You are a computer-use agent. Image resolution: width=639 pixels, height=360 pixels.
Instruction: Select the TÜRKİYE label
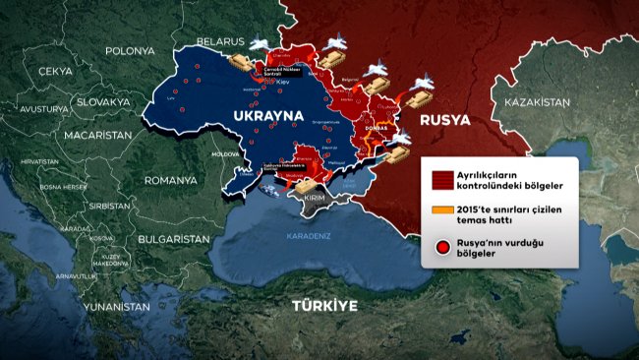click(x=324, y=305)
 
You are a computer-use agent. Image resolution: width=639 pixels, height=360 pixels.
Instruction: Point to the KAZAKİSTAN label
click(x=537, y=102)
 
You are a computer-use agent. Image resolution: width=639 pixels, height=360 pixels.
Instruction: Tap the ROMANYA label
click(x=170, y=180)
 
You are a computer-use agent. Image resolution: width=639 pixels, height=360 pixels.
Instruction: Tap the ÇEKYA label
click(x=54, y=72)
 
